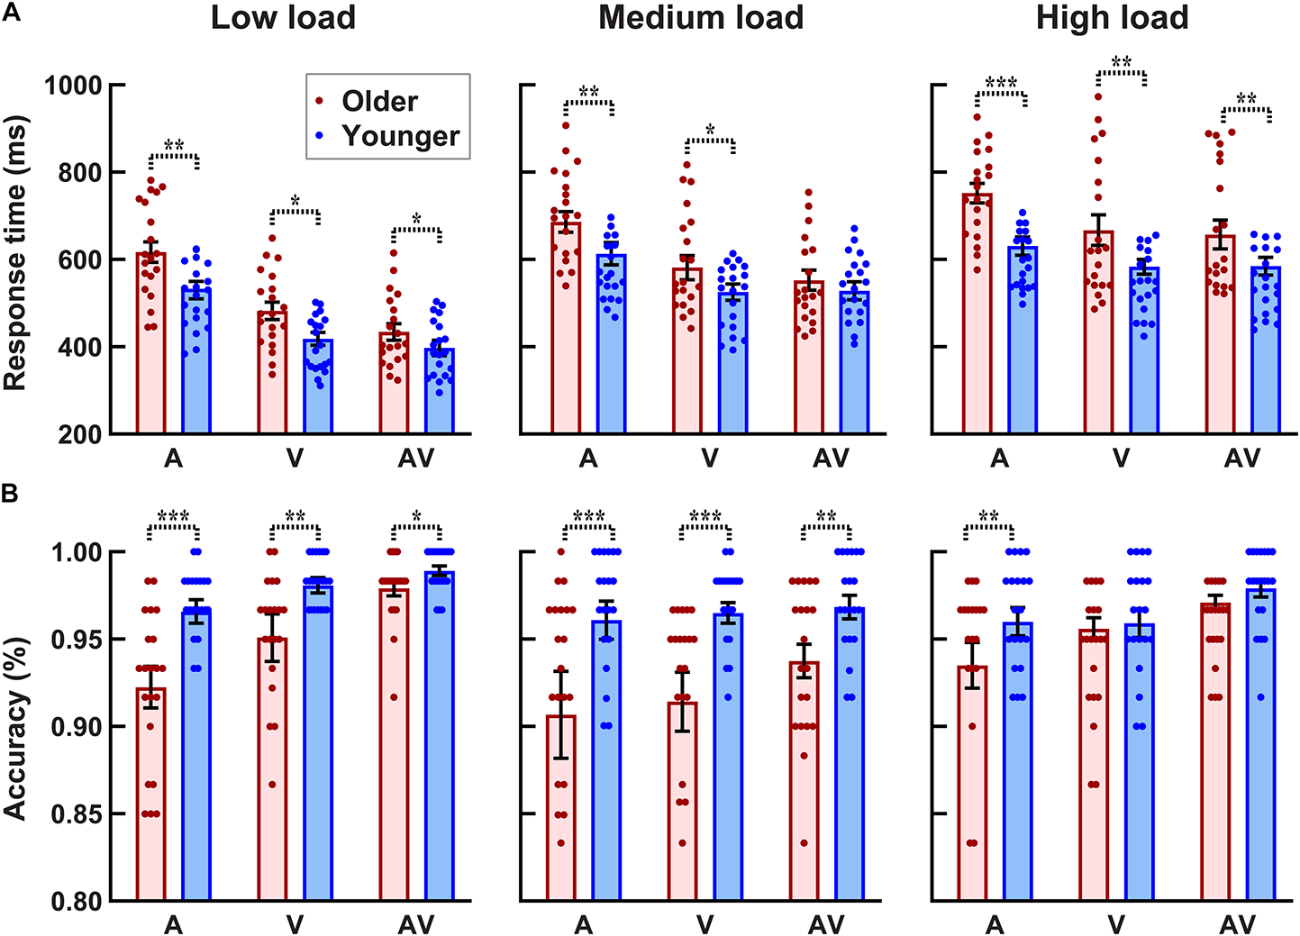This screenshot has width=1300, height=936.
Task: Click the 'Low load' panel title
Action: tap(283, 18)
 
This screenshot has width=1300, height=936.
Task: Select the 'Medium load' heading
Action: tap(700, 18)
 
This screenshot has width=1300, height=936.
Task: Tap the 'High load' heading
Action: tap(1112, 18)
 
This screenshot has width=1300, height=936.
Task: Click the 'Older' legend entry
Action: tap(379, 101)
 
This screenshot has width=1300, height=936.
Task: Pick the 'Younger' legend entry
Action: tap(400, 136)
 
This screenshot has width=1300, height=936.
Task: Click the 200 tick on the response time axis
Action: tap(81, 434)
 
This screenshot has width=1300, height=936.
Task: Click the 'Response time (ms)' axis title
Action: tap(15, 253)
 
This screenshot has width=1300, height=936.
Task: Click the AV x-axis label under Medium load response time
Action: tap(831, 459)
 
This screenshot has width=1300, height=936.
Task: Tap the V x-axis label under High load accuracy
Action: tap(1116, 924)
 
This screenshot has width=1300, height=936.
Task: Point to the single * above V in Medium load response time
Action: tap(710, 131)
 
